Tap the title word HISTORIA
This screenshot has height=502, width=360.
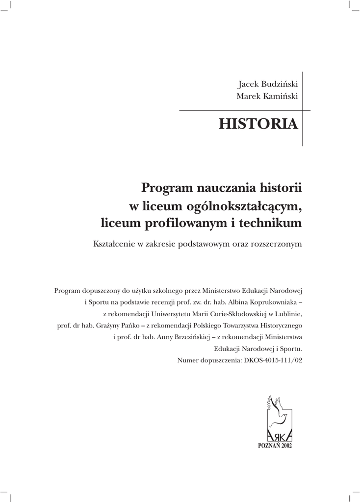tap(258, 124)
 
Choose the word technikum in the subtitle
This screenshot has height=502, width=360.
tap(272, 224)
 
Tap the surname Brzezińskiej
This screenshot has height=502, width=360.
tap(187, 337)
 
